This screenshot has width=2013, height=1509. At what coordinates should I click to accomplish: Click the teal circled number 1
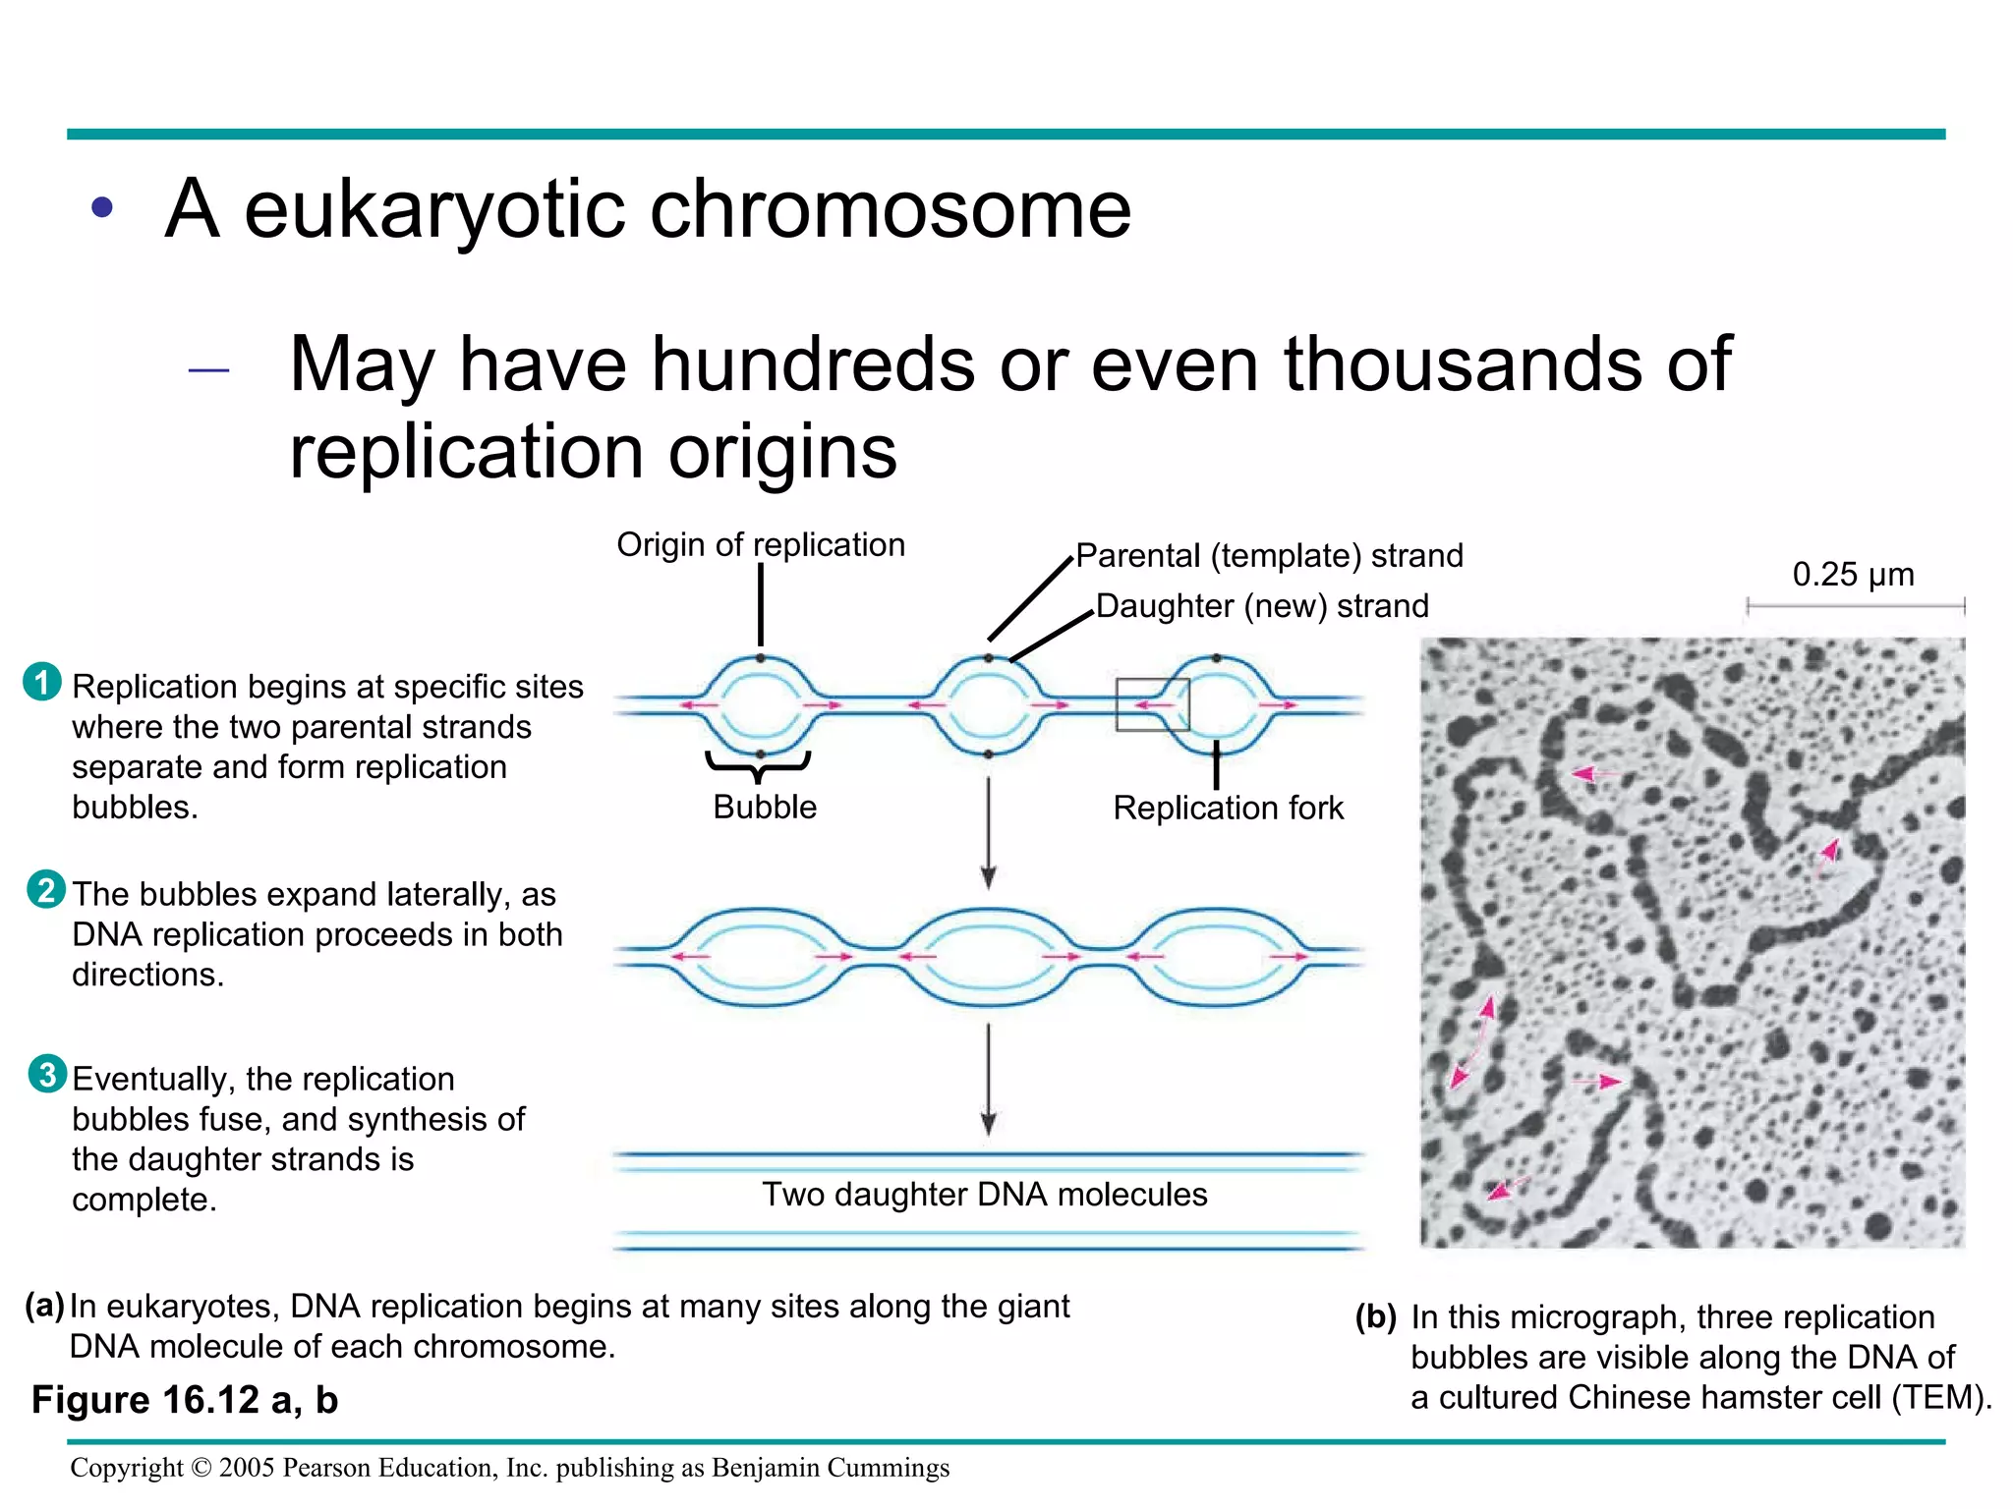pos(41,682)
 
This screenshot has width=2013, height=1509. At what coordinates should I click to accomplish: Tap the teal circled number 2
pos(46,889)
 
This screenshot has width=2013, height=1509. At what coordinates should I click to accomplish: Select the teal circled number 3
pos(47,1074)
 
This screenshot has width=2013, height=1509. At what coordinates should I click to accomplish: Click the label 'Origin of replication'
pos(760,544)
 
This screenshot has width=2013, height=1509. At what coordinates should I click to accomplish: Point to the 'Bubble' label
pos(765,807)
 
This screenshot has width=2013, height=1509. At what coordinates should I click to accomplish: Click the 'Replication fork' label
pos(1228,808)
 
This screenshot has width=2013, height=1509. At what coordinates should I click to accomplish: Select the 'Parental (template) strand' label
pos(1269,555)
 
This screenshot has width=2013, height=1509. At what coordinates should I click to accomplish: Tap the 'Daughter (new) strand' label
pos(1262,605)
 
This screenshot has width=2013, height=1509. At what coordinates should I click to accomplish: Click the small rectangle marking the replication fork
pos(1152,704)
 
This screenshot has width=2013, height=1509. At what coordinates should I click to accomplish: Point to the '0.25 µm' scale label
pos(1853,574)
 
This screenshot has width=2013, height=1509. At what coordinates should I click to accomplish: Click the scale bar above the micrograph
pos(1855,607)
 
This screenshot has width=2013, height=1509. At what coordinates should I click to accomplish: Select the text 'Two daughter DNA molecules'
pos(984,1194)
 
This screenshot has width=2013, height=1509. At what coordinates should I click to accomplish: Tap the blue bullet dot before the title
pos(102,208)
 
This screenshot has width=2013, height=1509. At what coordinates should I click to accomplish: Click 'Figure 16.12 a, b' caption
pos(185,1399)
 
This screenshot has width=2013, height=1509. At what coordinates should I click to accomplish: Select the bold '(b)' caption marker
pos(1375,1315)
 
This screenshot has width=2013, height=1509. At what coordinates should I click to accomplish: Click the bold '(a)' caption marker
pos(45,1305)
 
